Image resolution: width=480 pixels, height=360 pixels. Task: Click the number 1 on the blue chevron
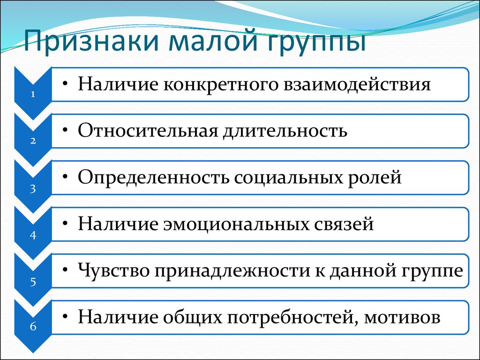click(x=33, y=94)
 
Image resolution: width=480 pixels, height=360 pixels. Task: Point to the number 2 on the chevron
click(x=33, y=141)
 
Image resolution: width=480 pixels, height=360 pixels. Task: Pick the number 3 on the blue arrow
click(x=33, y=188)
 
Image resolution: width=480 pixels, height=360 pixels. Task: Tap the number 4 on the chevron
click(x=33, y=235)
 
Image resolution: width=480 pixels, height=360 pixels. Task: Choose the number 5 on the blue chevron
click(x=33, y=282)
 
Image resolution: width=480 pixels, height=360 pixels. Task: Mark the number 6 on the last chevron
click(x=33, y=326)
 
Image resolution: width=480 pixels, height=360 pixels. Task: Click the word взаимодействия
click(x=357, y=84)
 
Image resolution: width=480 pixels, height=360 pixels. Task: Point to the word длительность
click(x=285, y=131)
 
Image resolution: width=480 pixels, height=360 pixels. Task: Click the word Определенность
click(x=153, y=178)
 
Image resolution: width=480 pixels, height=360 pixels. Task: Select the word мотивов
click(x=402, y=317)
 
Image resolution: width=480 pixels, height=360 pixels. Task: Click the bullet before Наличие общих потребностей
click(x=65, y=316)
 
